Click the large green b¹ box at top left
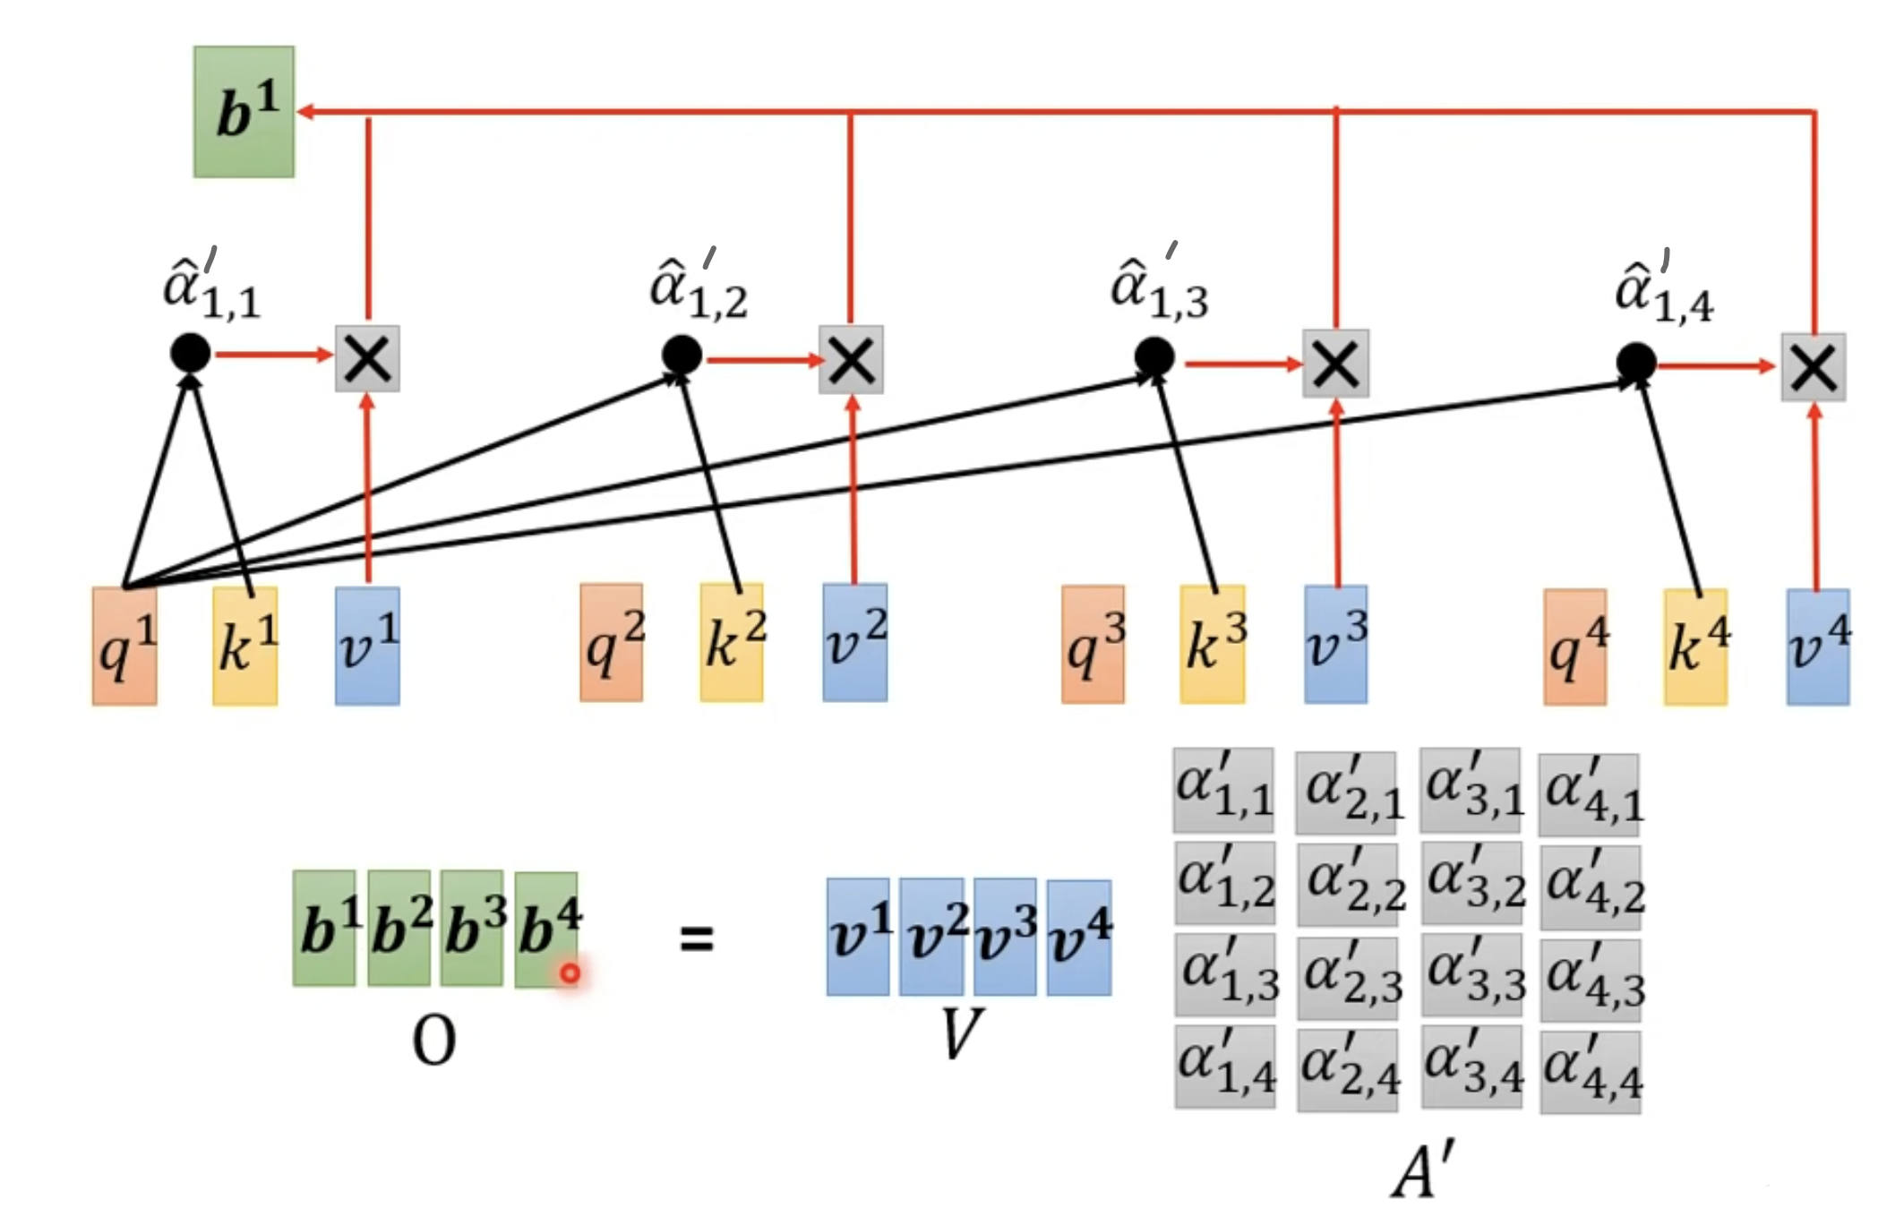[244, 112]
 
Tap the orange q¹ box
[124, 646]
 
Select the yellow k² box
[732, 642]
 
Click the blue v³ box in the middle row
[1335, 644]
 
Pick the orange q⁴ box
[1574, 647]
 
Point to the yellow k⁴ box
[1695, 647]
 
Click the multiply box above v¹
[367, 358]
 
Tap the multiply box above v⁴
[1813, 367]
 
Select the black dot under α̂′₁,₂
[682, 356]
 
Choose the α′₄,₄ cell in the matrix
[1591, 1072]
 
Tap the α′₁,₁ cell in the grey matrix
[1223, 790]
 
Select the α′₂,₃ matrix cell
[1348, 978]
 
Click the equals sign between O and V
[697, 938]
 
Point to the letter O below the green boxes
[433, 1041]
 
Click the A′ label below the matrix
[1424, 1169]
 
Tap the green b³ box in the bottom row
[472, 928]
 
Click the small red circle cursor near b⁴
[570, 972]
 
